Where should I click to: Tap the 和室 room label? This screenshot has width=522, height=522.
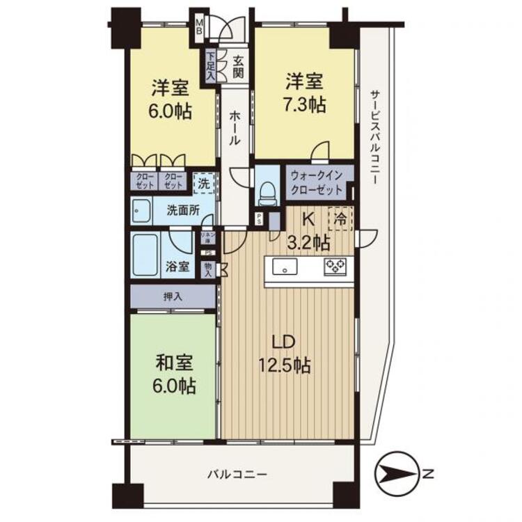click(174, 364)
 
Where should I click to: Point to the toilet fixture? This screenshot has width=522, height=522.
click(265, 189)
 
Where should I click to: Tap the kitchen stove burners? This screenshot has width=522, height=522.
click(334, 266)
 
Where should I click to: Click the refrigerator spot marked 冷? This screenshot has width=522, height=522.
click(341, 219)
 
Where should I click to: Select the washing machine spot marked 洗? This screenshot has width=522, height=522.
click(203, 183)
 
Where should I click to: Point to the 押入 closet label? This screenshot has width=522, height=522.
click(173, 296)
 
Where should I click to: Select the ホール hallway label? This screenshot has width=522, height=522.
click(235, 129)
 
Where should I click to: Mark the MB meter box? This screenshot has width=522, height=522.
click(199, 26)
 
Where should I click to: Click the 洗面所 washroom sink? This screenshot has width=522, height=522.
click(142, 209)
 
